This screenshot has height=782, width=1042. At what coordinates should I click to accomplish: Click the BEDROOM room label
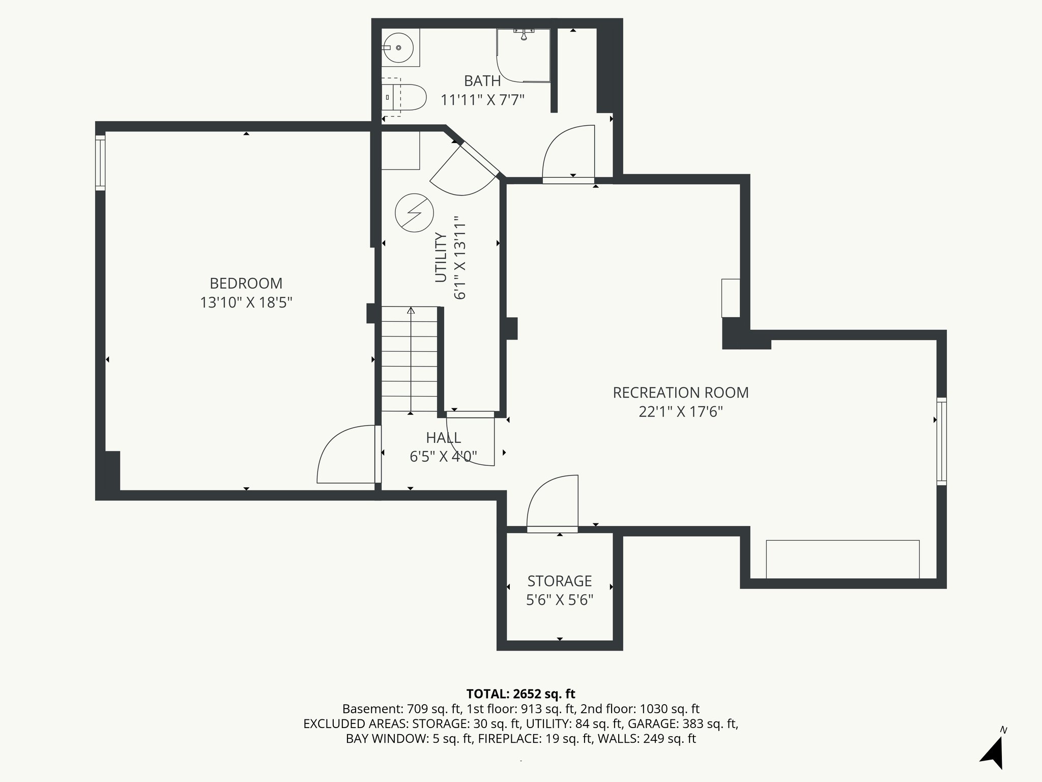[x=246, y=283]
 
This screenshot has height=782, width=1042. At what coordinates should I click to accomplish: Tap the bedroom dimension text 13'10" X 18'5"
[x=246, y=303]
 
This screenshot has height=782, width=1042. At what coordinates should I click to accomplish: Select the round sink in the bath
[x=398, y=47]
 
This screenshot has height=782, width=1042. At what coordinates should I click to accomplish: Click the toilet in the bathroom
[x=407, y=98]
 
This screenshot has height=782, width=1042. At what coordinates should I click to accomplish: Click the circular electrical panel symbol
[x=414, y=213]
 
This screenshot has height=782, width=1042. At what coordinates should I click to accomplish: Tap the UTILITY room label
[x=441, y=257]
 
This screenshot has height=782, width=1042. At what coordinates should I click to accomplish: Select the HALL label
[x=443, y=438]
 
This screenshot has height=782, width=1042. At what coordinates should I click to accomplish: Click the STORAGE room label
[x=559, y=581]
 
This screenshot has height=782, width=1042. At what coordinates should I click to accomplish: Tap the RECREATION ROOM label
[x=680, y=393]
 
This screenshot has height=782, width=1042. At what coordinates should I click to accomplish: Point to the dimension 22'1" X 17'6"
[x=680, y=412]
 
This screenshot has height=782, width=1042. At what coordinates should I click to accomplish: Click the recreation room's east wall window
[x=942, y=441]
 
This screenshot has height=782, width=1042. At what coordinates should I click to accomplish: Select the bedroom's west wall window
[x=100, y=162]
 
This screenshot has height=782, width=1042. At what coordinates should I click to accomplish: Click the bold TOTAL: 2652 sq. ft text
[x=520, y=693]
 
